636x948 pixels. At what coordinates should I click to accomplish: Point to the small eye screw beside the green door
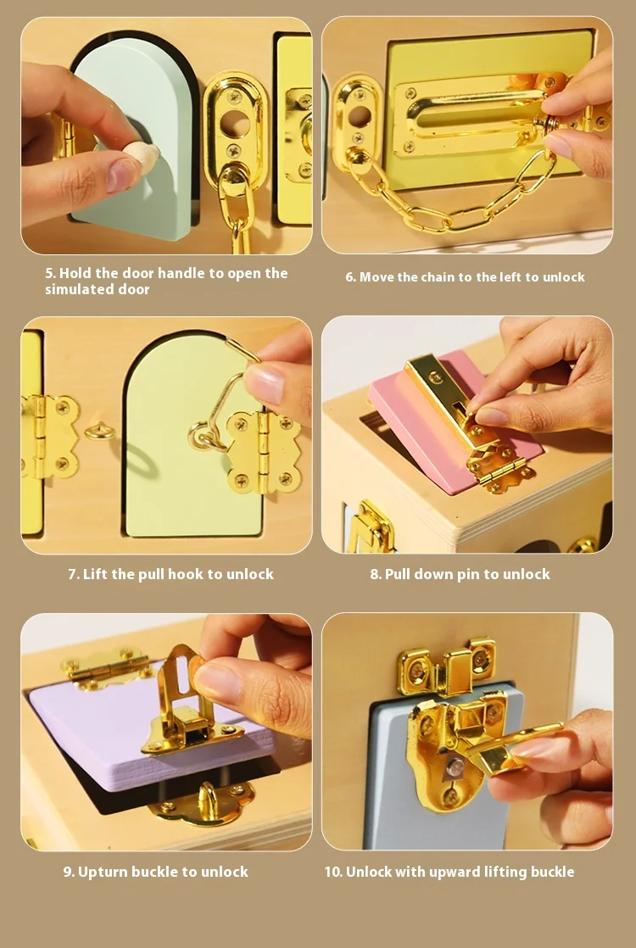tap(100, 432)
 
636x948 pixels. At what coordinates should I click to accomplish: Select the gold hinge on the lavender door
tap(108, 668)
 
